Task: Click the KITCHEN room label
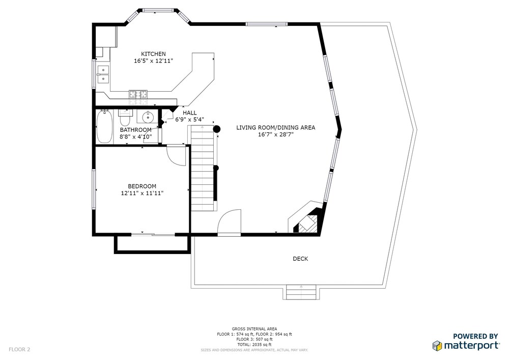point(153,54)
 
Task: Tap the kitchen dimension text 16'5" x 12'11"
point(153,61)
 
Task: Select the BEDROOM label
point(142,186)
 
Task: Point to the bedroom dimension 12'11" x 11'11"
point(142,193)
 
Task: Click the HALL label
point(189,113)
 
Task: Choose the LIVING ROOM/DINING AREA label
point(275,128)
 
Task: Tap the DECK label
point(300,259)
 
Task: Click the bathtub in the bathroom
point(104,127)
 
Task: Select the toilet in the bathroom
point(125,118)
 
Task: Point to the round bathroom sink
point(148,117)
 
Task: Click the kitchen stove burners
point(138,94)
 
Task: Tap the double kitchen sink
point(103,74)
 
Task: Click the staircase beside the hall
point(202,168)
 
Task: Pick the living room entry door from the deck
point(229,223)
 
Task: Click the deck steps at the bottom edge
point(301,292)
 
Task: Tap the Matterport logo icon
point(437,345)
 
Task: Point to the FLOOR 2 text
point(19,350)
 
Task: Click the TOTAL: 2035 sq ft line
point(254,345)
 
